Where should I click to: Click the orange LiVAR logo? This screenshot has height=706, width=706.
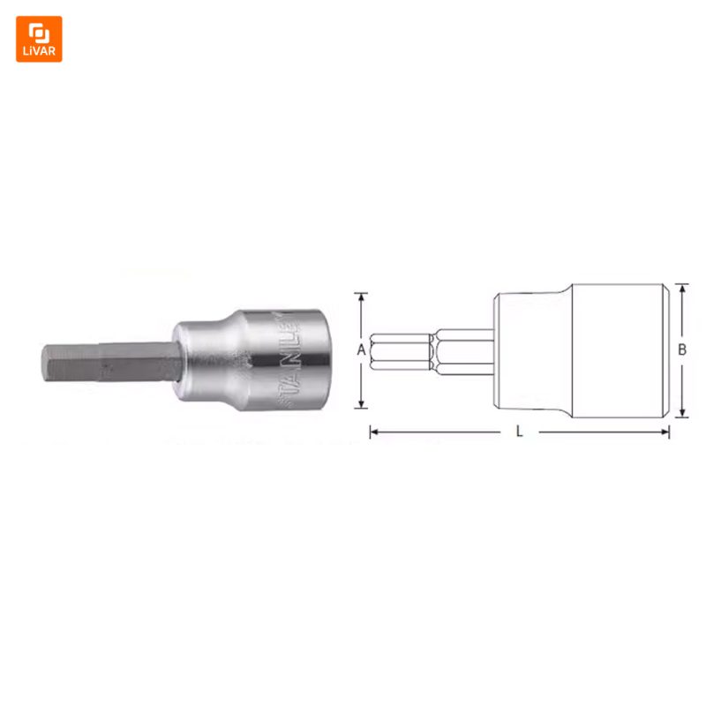tap(39, 39)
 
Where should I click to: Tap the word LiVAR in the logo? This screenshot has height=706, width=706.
tap(39, 51)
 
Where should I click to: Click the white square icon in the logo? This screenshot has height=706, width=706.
tap(39, 33)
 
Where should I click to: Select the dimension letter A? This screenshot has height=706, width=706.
tap(361, 349)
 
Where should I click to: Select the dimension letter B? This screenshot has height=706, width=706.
tap(682, 349)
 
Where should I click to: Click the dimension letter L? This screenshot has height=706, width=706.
tap(519, 432)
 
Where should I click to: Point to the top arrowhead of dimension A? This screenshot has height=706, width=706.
tap(361, 297)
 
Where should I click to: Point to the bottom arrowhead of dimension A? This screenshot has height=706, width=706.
tap(361, 403)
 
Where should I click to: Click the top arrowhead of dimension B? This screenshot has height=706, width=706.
tap(682, 289)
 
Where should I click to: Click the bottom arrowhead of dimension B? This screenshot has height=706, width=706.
tap(682, 412)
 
